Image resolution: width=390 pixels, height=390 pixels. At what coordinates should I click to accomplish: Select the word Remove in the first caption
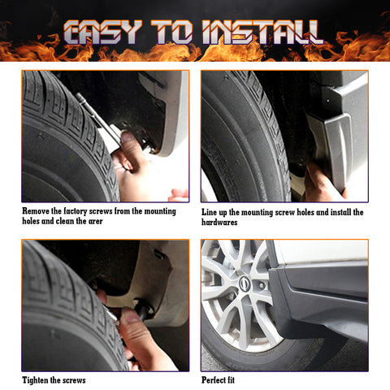pyautogui.click(x=37, y=211)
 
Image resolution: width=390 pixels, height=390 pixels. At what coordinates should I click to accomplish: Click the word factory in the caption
pyautogui.click(x=86, y=211)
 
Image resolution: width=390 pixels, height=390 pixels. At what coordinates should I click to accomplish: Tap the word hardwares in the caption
pyautogui.click(x=219, y=222)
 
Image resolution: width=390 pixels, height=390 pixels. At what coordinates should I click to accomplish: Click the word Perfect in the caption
pyautogui.click(x=217, y=380)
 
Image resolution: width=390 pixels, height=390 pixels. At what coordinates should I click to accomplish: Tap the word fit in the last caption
pyautogui.click(x=241, y=380)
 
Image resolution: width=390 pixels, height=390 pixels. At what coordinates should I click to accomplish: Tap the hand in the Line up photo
pyautogui.click(x=321, y=183)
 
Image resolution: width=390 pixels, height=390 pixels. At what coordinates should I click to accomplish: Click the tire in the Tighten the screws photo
pyautogui.click(x=57, y=309)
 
